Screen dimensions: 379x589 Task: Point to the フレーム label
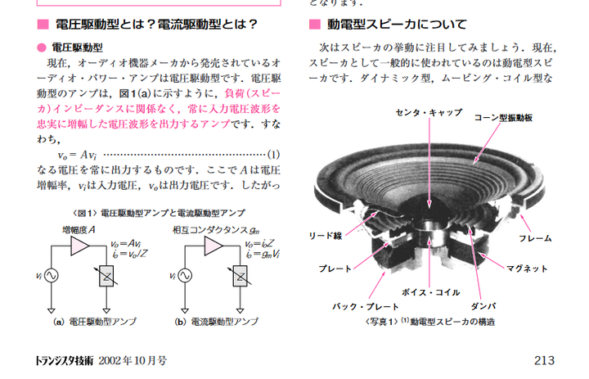click(x=535, y=238)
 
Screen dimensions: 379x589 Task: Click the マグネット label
click(x=528, y=268)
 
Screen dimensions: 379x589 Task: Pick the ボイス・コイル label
click(x=428, y=292)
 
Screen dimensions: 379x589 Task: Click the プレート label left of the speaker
click(x=335, y=268)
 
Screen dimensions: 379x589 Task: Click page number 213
click(x=544, y=359)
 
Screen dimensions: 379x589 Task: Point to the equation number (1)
click(x=273, y=153)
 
